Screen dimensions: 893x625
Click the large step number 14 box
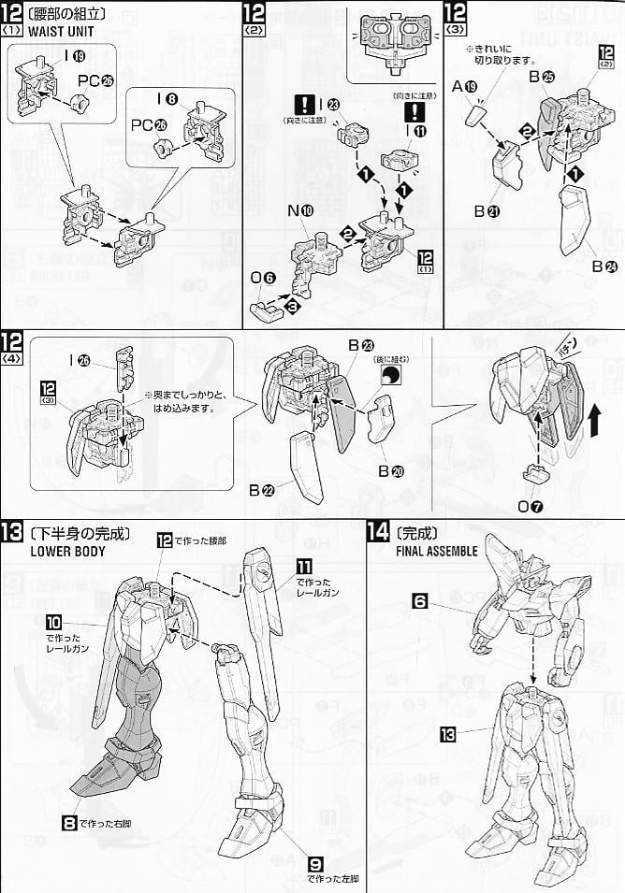(378, 533)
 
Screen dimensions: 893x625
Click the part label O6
(263, 277)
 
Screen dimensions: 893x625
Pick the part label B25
(541, 78)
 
